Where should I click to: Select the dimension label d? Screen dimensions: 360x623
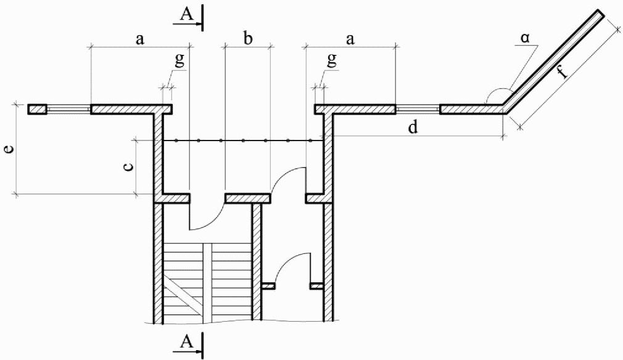point(413,128)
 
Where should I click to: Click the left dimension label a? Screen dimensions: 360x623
point(140,39)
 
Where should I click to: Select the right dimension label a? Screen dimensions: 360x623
point(350,39)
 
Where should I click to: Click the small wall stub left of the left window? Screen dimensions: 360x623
point(37,109)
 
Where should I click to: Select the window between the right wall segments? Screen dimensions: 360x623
point(417,109)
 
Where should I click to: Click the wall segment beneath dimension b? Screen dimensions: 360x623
point(247,198)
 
